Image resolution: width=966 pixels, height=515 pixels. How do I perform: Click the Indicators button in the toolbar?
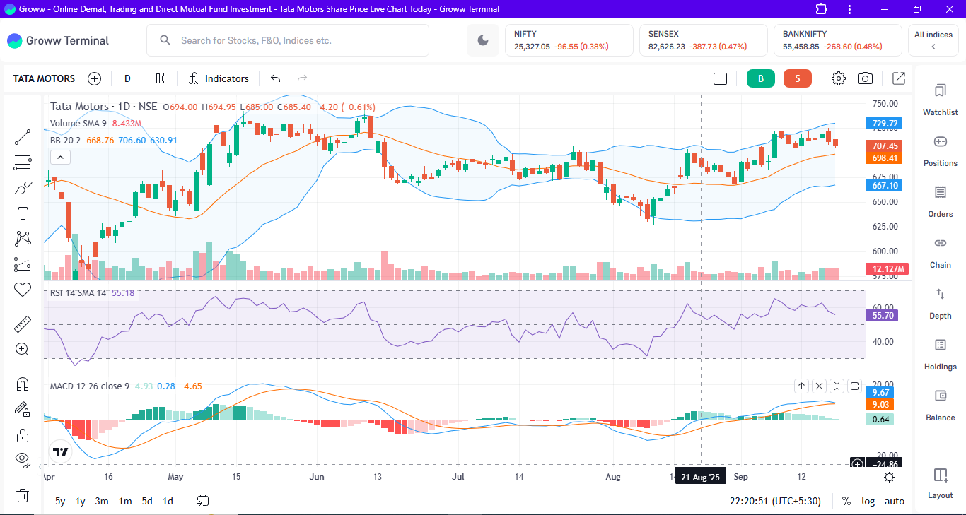click(x=219, y=78)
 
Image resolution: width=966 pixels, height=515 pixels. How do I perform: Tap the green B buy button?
click(x=761, y=78)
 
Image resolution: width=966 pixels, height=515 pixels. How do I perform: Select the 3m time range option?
click(x=102, y=501)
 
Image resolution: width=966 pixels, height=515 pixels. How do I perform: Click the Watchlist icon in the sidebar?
click(x=940, y=100)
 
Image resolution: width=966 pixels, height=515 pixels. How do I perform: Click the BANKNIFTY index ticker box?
click(x=837, y=40)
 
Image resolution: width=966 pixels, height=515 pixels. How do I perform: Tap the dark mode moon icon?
click(x=483, y=40)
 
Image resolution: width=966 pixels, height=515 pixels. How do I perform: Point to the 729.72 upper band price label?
click(x=885, y=124)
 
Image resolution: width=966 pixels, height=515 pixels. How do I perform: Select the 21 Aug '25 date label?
click(x=700, y=477)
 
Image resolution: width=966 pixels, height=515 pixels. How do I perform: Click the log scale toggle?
click(x=868, y=501)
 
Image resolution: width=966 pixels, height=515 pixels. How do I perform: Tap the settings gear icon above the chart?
click(x=839, y=78)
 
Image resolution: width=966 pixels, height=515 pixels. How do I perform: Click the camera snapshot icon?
click(x=865, y=78)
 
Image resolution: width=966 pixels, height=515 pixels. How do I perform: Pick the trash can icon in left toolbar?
click(x=23, y=495)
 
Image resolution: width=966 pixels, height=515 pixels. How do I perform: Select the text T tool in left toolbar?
click(x=23, y=213)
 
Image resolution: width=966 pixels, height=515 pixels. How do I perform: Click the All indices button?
click(x=933, y=40)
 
